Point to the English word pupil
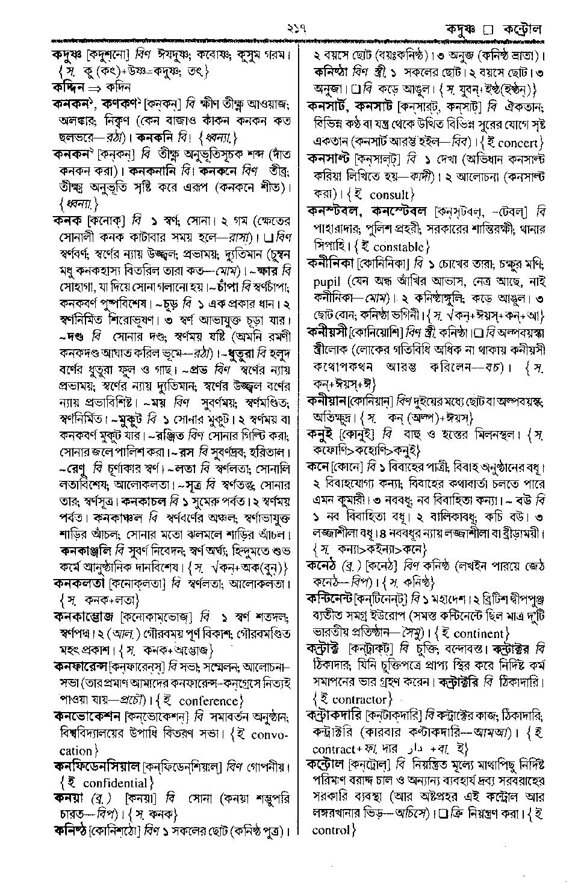click(328, 282)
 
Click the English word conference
click(210, 701)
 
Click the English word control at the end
click(331, 831)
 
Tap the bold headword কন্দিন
click(67, 88)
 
